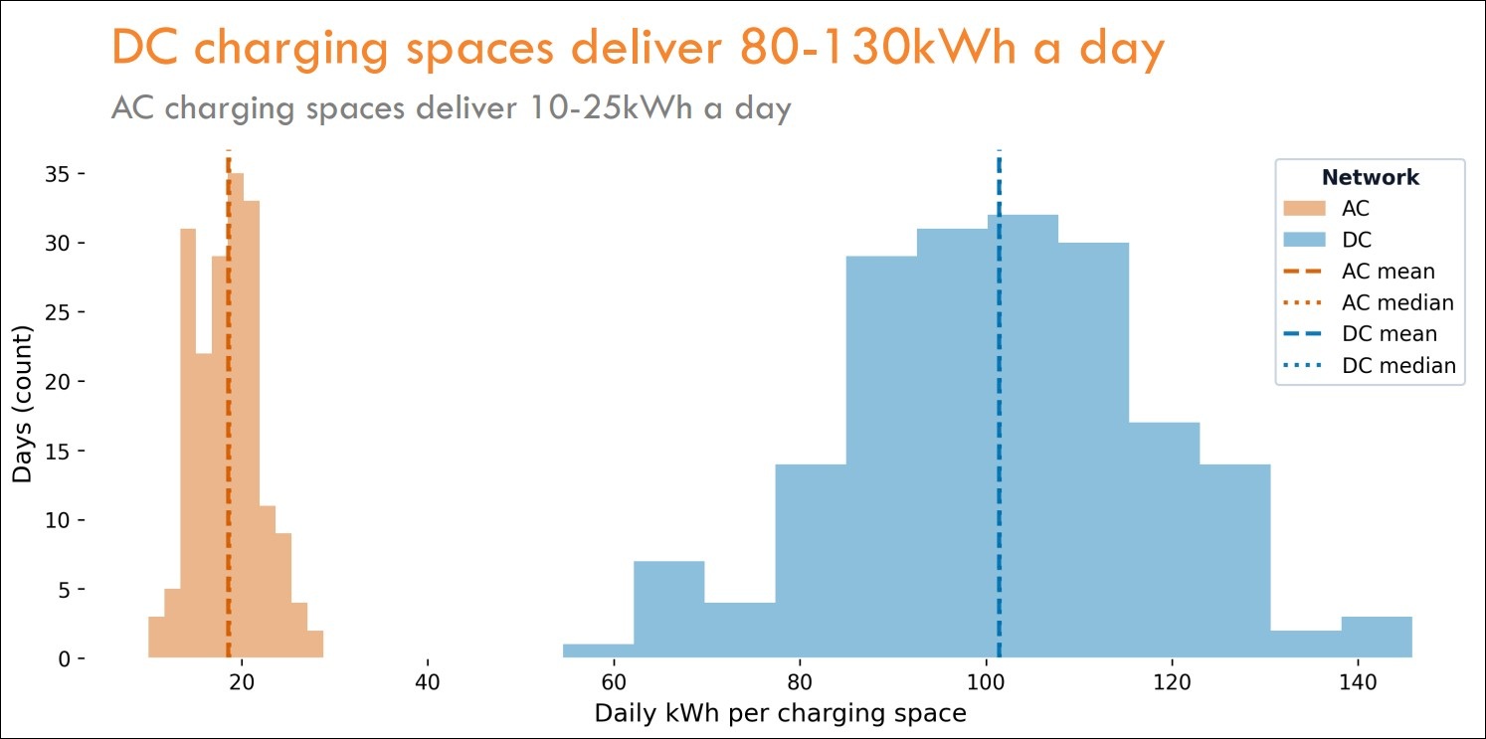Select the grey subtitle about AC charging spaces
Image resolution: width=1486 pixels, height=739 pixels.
(x=451, y=107)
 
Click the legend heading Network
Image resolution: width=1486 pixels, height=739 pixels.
(x=1370, y=178)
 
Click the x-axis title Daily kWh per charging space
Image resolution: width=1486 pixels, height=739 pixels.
(x=780, y=713)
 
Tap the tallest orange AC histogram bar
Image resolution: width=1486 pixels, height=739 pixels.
(x=237, y=418)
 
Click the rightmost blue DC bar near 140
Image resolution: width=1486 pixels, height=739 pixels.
(x=1376, y=638)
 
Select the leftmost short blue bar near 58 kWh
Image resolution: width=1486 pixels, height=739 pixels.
(x=598, y=651)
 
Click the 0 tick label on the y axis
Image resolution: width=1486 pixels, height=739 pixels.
(x=64, y=659)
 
